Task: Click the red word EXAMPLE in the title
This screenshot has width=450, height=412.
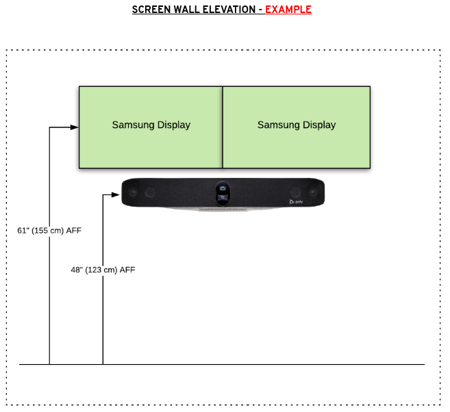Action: coord(288,10)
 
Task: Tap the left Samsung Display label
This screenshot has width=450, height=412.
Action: coord(151,125)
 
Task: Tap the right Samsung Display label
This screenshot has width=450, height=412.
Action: coord(297,125)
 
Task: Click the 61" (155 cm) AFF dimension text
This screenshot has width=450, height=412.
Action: coord(49,231)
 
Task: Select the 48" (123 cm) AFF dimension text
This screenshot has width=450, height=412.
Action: coord(103,270)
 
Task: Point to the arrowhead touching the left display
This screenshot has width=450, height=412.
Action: coord(75,127)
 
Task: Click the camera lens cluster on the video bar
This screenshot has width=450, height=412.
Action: coord(223,192)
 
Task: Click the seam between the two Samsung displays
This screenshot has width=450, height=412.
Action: coord(223,127)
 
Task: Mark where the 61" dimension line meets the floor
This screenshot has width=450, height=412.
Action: coord(49,364)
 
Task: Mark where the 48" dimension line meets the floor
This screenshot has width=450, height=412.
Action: coord(103,364)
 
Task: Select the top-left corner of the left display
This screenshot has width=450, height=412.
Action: coord(79,87)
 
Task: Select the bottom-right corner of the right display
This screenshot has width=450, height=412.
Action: coord(370,168)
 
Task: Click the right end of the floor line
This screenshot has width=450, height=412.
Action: coord(424,364)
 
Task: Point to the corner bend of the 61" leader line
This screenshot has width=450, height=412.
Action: coord(49,127)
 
